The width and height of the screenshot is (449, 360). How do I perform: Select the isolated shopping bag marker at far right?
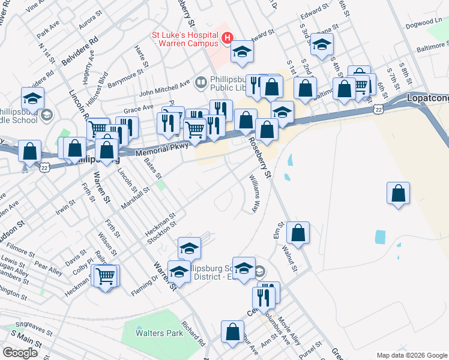tap(398, 194)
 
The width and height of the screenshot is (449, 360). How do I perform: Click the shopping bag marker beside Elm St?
tap(298, 233)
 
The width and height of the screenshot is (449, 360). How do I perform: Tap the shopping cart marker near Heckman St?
tap(106, 277)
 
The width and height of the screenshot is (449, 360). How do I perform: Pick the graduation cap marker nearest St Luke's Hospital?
tap(243, 53)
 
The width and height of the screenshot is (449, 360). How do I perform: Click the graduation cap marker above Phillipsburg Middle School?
tap(32, 98)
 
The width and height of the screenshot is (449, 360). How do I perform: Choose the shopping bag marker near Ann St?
tap(232, 332)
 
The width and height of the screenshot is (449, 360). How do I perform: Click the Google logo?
tap(20, 353)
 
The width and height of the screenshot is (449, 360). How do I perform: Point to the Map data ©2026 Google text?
tap(412, 355)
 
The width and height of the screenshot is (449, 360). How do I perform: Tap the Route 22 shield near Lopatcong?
tap(377, 108)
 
